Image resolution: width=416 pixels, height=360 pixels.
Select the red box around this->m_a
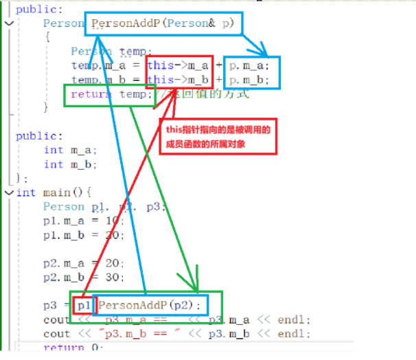[x=179, y=65]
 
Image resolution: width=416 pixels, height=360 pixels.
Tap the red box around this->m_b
[x=179, y=80]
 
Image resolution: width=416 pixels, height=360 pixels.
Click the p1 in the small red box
[x=84, y=305]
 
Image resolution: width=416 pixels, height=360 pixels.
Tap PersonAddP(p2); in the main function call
[x=151, y=305]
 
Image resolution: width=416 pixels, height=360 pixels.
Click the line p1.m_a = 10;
[x=83, y=221]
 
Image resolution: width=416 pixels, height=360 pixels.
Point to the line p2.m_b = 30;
[x=83, y=277]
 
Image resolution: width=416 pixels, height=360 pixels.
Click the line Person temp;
[x=102, y=52]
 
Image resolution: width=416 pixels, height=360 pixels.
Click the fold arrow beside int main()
[x=8, y=192]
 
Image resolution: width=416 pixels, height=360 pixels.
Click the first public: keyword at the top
[x=38, y=9]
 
